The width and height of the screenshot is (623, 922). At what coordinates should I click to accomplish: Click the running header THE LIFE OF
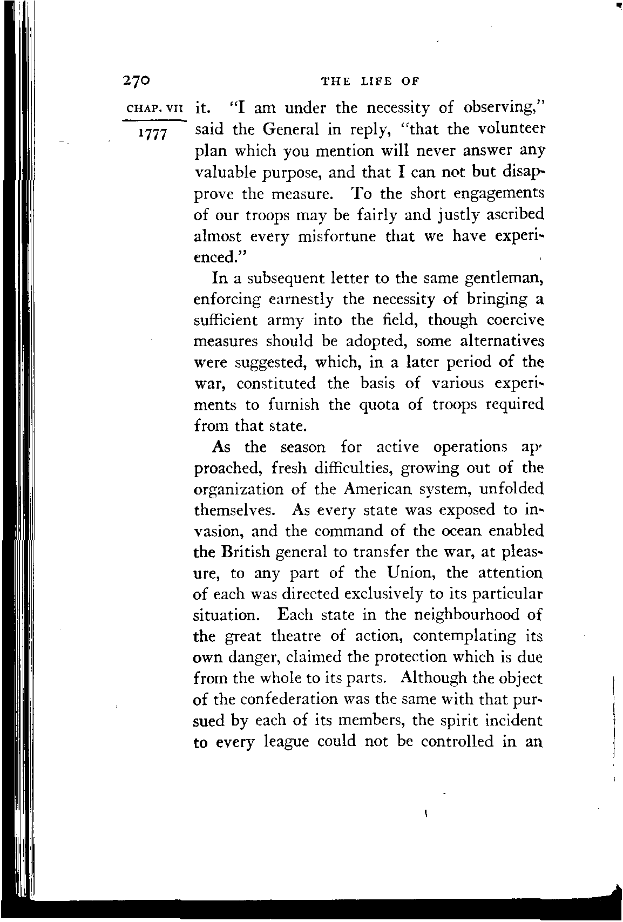(x=370, y=82)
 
